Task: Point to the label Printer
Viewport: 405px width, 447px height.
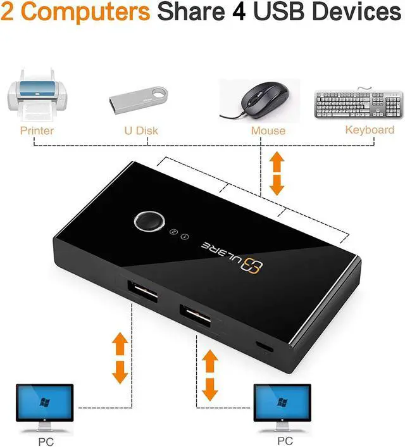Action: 37,130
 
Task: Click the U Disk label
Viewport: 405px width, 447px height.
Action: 140,130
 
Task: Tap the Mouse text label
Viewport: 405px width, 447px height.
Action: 268,131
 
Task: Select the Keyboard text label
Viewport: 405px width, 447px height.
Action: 370,130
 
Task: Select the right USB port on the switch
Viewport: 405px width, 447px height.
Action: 194,314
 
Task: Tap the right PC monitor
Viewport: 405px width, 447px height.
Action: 282,404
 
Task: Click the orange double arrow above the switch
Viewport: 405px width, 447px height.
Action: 277,173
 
